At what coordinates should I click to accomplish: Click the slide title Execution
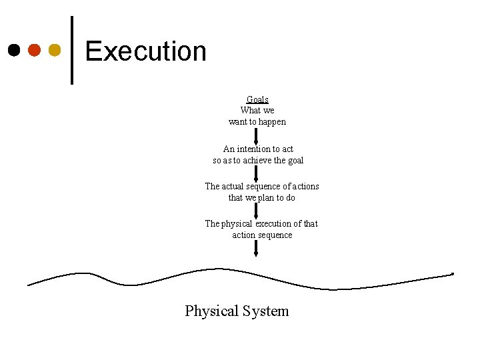[x=145, y=51]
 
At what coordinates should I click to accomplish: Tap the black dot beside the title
[x=14, y=50]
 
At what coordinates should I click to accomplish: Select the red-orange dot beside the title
[x=35, y=50]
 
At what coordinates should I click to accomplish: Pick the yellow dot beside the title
[x=55, y=50]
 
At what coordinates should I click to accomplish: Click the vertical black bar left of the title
[x=71, y=50]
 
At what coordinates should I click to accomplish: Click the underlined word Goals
[x=257, y=99]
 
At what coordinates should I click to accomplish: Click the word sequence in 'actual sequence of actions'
[x=261, y=186]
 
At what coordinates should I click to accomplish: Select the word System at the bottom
[x=266, y=311]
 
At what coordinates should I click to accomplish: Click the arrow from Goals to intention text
[x=257, y=136]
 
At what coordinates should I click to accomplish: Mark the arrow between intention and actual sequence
[x=257, y=173]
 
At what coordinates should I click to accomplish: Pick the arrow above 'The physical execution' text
[x=257, y=211]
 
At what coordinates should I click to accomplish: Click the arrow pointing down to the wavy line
[x=257, y=249]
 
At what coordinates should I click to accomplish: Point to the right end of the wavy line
[x=452, y=274]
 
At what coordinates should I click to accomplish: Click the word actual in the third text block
[x=233, y=186]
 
